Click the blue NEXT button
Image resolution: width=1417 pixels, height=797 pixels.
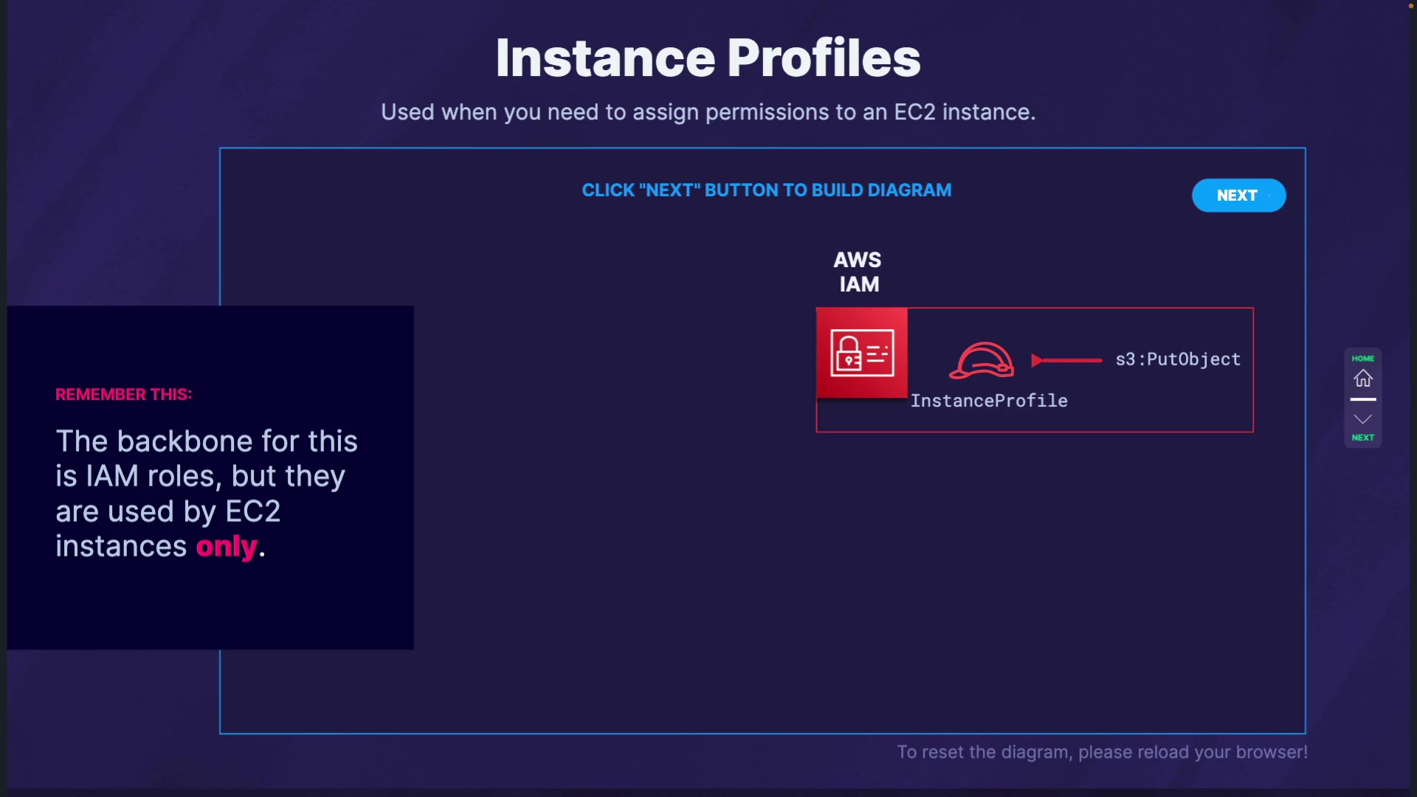[1238, 196]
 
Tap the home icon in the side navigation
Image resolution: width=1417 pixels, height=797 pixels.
[1363, 379]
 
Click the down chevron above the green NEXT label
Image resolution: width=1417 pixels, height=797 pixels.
[1363, 419]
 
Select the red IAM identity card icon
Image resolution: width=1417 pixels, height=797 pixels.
[862, 353]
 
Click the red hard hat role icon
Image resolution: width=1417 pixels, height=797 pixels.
[982, 360]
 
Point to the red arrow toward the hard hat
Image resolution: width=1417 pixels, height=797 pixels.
[1066, 360]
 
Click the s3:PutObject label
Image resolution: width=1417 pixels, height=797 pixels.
[1178, 359]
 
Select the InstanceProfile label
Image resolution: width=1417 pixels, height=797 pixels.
[989, 401]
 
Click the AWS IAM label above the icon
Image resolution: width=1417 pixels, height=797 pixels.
[858, 272]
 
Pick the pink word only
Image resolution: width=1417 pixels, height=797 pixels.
[227, 547]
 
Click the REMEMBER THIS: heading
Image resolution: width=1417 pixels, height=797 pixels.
[124, 394]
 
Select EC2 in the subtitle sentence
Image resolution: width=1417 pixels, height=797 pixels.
[915, 112]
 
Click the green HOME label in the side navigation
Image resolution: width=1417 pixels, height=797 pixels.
[1363, 359]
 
